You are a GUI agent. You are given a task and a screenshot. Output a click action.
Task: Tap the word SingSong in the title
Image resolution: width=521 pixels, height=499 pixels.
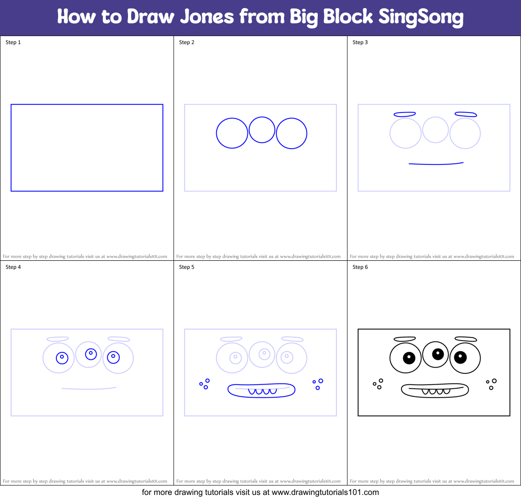[x=420, y=17]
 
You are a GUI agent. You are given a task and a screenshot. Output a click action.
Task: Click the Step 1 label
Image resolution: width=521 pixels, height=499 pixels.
[x=13, y=42]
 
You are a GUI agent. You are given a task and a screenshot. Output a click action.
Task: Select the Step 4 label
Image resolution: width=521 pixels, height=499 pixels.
[x=13, y=267]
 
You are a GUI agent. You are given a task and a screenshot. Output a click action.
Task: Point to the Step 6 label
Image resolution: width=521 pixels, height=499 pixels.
[x=360, y=267]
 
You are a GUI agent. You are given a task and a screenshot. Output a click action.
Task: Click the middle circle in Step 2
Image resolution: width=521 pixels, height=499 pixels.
[x=262, y=130]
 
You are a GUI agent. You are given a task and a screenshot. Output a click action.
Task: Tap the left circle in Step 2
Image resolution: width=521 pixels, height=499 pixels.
[x=232, y=133]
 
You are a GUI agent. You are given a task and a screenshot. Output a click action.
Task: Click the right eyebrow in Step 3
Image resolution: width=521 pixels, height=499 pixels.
[x=466, y=114]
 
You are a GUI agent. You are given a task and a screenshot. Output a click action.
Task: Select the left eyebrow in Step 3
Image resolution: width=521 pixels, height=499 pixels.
[x=404, y=114]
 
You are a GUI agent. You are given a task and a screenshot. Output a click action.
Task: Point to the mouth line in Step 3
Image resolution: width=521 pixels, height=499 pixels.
[x=436, y=164]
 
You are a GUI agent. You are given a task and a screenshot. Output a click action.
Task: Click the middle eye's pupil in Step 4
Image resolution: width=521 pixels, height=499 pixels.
[x=91, y=354]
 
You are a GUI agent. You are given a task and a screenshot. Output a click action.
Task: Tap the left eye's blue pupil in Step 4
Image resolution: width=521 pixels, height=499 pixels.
[x=62, y=358]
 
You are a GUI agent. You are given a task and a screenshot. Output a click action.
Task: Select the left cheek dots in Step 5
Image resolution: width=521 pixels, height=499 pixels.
[x=205, y=384]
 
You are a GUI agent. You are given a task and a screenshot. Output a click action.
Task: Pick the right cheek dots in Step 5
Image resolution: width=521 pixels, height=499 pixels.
[x=318, y=384]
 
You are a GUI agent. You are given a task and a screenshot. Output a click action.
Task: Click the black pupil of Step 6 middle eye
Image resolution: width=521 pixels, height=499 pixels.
[x=438, y=354]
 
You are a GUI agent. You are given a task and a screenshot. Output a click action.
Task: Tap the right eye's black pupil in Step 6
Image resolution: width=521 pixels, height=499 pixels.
[x=460, y=358]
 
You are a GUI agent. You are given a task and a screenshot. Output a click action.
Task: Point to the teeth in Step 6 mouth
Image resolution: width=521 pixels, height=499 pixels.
[x=436, y=391]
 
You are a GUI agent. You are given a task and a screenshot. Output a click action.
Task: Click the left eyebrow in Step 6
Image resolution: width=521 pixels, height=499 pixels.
[x=404, y=339]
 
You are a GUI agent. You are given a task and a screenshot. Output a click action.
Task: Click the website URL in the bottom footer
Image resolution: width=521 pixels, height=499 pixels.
[x=325, y=492]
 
